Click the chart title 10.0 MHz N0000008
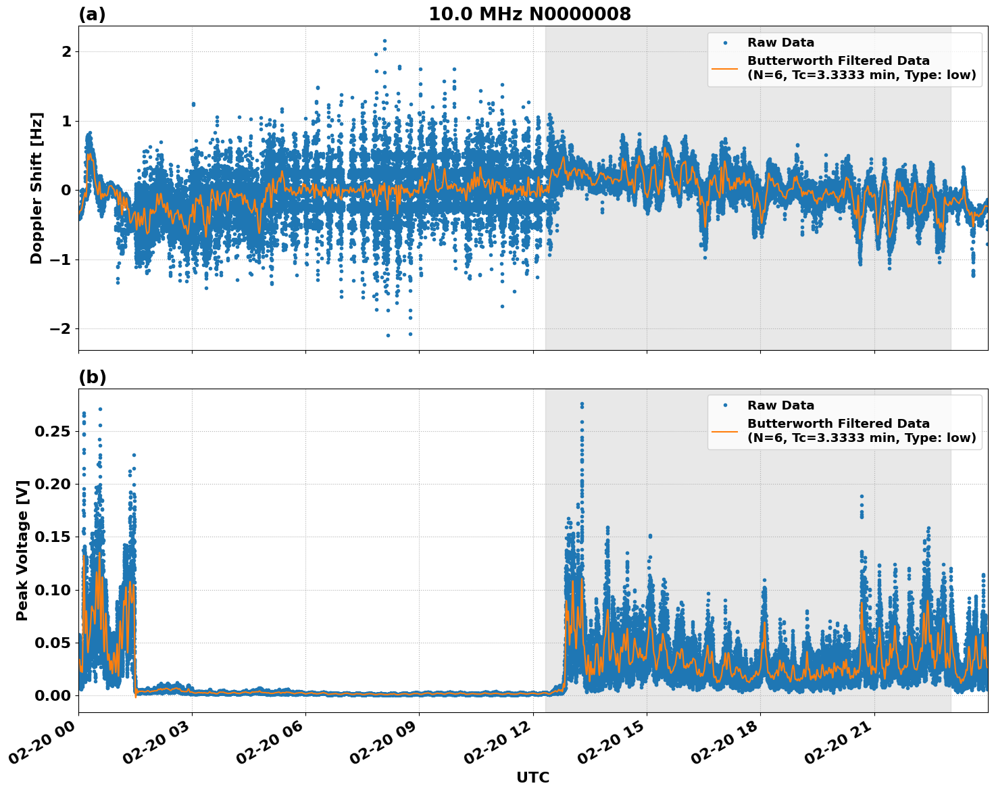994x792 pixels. coord(529,14)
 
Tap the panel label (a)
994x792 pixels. coord(92,14)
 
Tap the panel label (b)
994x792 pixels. coord(92,377)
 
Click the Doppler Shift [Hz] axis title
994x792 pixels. coord(36,188)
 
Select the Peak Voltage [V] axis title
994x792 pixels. coord(22,550)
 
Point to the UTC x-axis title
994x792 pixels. coord(532,777)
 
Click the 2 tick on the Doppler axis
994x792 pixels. coord(66,51)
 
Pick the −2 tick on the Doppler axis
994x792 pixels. coord(61,328)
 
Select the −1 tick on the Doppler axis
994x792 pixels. coord(61,259)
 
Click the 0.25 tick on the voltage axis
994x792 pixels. coord(52,431)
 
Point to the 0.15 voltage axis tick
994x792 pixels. coord(52,537)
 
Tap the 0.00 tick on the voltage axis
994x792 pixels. coord(52,695)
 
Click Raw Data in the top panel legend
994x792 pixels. coord(780,43)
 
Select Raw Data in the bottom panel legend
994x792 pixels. coord(780,405)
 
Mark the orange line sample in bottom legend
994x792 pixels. coord(725,431)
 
